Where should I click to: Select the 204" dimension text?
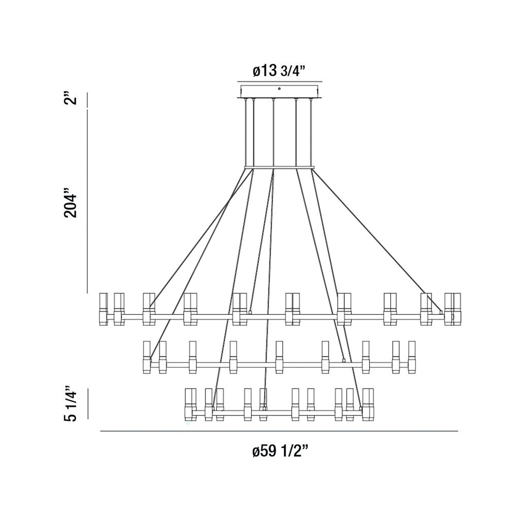point(71,202)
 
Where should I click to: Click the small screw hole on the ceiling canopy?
point(279,88)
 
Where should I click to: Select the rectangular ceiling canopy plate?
point(279,92)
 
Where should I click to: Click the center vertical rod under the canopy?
point(274,133)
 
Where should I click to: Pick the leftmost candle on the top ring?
point(103,309)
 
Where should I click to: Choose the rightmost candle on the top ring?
point(457,309)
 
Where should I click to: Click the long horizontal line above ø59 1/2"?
point(279,431)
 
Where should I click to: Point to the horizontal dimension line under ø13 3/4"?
point(279,81)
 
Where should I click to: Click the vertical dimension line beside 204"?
point(87,200)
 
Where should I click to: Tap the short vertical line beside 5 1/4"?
point(88,404)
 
